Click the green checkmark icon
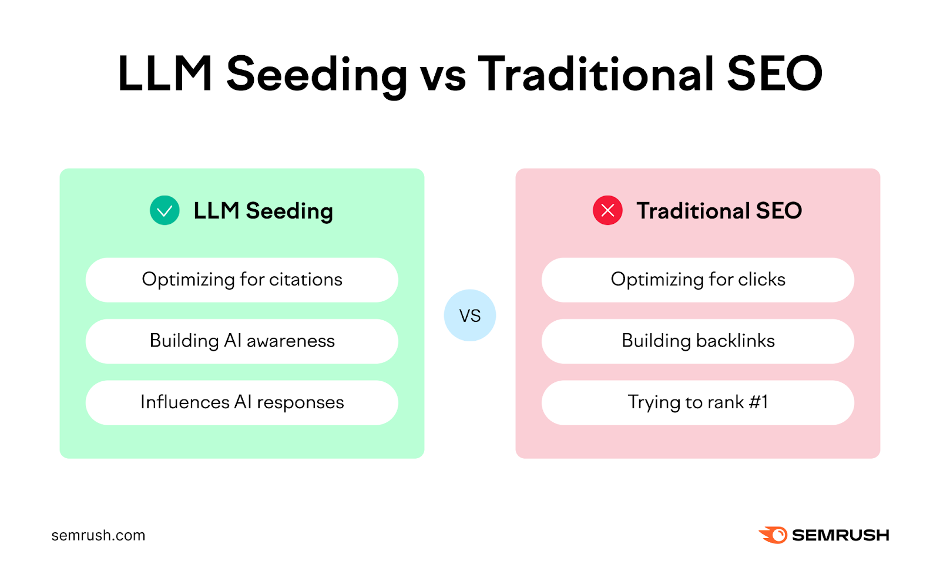pyautogui.click(x=164, y=210)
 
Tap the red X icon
pyautogui.click(x=607, y=210)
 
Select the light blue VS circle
pyautogui.click(x=469, y=315)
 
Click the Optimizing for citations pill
pyautogui.click(x=241, y=280)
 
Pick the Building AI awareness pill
pyautogui.click(x=241, y=341)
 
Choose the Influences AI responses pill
pyautogui.click(x=241, y=402)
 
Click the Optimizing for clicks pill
pyautogui.click(x=697, y=280)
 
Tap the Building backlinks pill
pyautogui.click(x=697, y=341)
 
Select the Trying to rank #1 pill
pyautogui.click(x=697, y=402)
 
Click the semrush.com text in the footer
pyautogui.click(x=98, y=535)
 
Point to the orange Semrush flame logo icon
pyautogui.click(x=773, y=535)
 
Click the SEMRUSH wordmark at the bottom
pyautogui.click(x=840, y=535)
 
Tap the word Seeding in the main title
pyautogui.click(x=317, y=75)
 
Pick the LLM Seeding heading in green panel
pyautogui.click(x=263, y=211)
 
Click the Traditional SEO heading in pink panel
pyautogui.click(x=719, y=210)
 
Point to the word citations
pyautogui.click(x=305, y=280)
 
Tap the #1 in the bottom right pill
pyautogui.click(x=758, y=402)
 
